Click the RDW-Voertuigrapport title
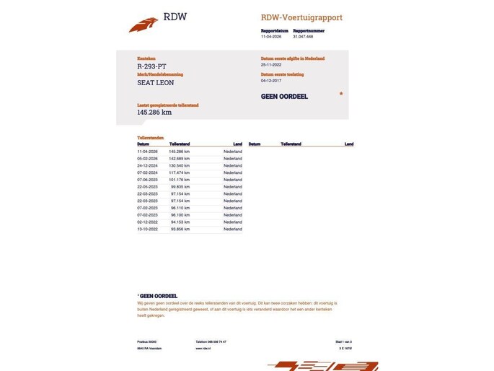[301, 17]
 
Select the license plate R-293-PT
[152, 66]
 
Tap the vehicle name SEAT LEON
[156, 82]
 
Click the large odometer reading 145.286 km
[154, 112]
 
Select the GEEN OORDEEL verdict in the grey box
[284, 96]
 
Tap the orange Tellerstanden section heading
[150, 137]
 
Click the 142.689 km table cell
[180, 158]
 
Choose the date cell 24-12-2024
[147, 165]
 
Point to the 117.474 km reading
[180, 173]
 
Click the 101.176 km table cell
[180, 180]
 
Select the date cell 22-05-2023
[147, 186]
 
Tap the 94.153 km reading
[180, 222]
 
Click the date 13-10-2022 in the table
[147, 229]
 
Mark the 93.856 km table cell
[180, 229]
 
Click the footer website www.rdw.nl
[203, 348]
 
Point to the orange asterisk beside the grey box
[341, 94]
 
